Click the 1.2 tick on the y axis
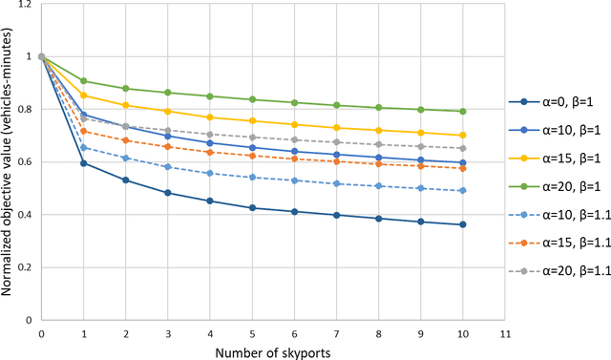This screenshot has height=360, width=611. pos(23,5)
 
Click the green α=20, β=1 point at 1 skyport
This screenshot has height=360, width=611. pos(84,81)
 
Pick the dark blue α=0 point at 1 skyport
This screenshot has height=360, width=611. pos(84,163)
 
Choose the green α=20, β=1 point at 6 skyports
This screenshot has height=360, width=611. pos(294,103)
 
